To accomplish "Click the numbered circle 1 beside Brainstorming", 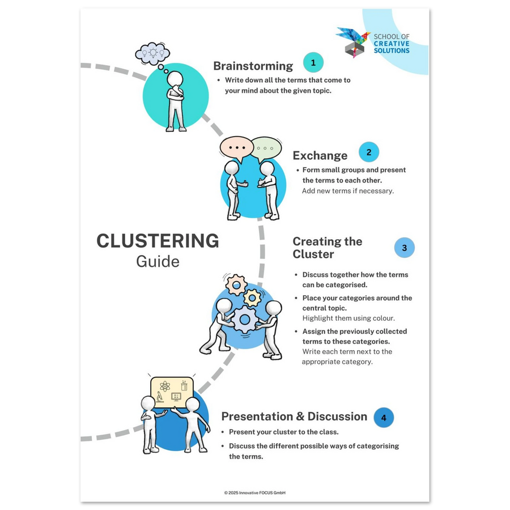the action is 313,62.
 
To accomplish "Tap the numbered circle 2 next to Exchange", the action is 369,152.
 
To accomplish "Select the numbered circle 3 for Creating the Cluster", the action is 404,248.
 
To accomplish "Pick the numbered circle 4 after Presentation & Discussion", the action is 384,417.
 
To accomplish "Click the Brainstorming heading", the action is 253,66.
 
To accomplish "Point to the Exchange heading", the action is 320,155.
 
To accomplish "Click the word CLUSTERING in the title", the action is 158,241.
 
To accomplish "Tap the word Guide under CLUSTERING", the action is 158,261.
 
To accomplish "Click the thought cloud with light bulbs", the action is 152,53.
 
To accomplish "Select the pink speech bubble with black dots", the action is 237,148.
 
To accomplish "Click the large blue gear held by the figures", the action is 245,320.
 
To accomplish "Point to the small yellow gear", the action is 252,297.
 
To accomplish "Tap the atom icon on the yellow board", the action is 165,386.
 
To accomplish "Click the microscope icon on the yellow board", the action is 159,397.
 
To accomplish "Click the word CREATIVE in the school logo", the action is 392,44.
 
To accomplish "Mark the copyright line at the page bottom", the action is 254,493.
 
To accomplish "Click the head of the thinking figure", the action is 175,79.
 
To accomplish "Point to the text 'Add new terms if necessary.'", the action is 348,191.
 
